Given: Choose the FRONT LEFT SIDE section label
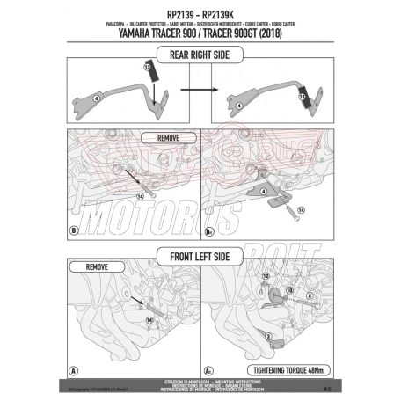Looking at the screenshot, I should coord(200,259).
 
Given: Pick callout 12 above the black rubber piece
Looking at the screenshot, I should coord(137,67).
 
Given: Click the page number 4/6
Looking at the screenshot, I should coord(325,384).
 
